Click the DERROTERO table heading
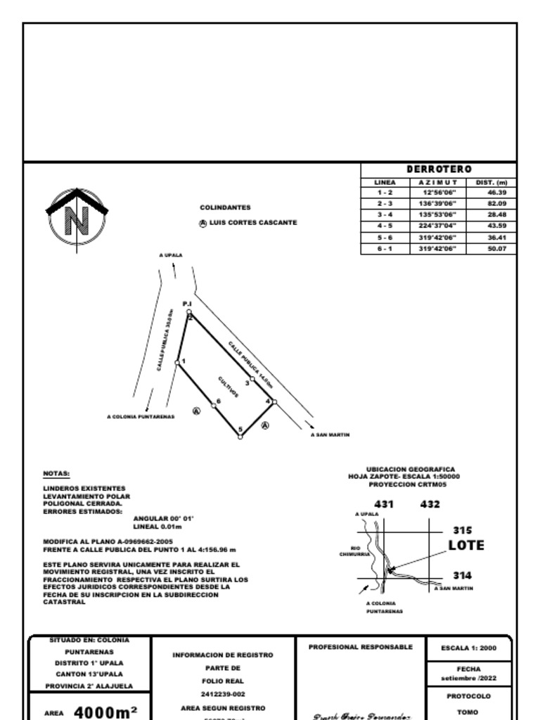439,169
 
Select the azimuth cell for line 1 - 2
439,192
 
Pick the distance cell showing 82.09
496,203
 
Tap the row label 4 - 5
385,226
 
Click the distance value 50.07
496,248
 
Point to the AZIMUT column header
439,182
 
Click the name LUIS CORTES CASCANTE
252,223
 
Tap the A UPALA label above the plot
170,255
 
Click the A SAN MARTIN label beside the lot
330,435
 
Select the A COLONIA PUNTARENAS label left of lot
141,417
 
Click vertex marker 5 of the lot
240,436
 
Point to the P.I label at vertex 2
187,303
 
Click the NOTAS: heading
56,474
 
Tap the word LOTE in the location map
466,546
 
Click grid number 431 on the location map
384,504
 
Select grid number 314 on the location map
462,575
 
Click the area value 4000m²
105,712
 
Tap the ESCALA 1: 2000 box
468,648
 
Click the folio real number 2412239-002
223,694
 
